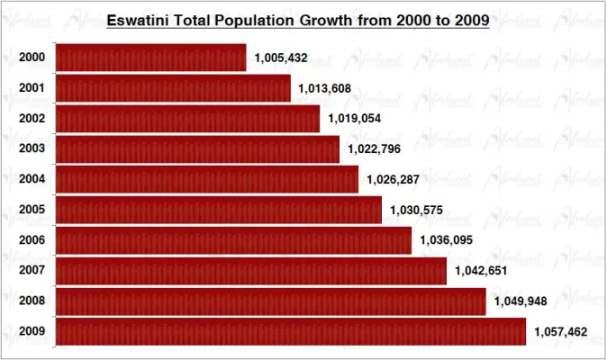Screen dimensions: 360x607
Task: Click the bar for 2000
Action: click(150, 58)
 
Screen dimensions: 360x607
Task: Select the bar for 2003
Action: click(197, 149)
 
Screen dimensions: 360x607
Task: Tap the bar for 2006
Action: click(233, 240)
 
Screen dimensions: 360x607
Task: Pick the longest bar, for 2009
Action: click(291, 332)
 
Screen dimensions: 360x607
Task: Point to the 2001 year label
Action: click(32, 88)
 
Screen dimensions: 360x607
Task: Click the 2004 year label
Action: click(32, 180)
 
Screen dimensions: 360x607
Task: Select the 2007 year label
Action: click(32, 271)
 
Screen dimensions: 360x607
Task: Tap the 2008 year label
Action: click(32, 301)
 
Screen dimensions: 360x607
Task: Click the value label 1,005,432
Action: click(281, 58)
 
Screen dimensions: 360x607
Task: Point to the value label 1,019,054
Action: click(355, 119)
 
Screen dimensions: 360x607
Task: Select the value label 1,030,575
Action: click(417, 211)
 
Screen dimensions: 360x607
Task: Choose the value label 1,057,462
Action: click(560, 332)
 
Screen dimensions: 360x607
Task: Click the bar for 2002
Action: click(187, 119)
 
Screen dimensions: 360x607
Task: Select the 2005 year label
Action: click(32, 211)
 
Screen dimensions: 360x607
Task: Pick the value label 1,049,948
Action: click(521, 301)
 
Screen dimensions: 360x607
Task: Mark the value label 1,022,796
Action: click(375, 149)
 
